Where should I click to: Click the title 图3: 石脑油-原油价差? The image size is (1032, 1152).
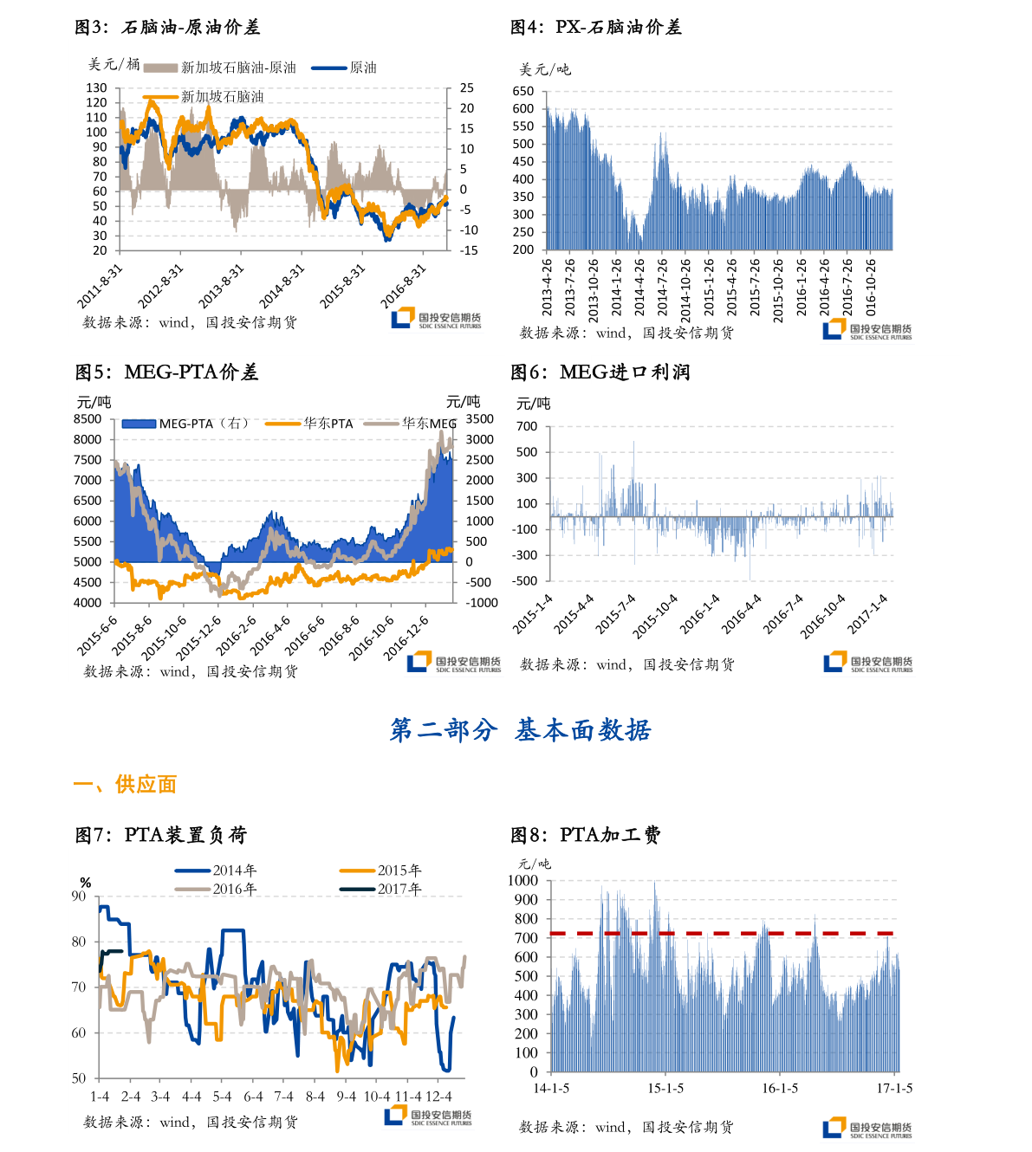167,27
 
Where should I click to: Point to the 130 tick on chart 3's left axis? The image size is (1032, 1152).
96,88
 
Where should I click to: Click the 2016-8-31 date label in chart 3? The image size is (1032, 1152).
404,285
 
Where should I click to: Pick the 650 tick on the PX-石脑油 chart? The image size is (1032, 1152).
523,91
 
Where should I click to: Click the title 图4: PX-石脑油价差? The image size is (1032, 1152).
595,27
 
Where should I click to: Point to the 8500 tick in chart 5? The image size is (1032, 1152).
88,419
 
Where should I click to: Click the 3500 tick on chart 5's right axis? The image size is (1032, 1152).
480,419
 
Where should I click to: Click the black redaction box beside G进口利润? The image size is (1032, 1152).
548,371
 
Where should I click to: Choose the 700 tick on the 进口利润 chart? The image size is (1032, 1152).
527,426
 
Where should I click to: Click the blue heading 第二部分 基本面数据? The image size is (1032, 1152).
520,730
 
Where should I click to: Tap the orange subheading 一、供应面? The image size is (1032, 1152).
126,784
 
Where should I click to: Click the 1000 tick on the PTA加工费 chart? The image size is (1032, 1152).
522,881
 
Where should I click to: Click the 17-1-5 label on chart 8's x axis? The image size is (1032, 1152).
894,1089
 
